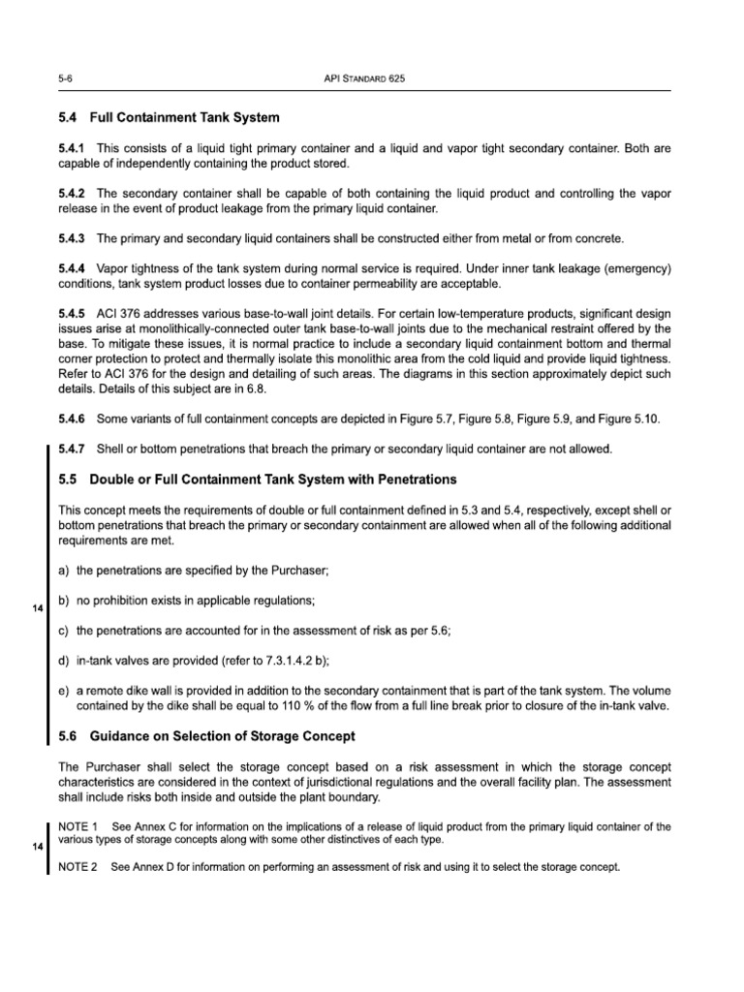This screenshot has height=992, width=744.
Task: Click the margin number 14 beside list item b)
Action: [38, 607]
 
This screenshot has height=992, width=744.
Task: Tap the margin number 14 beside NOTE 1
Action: [38, 846]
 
